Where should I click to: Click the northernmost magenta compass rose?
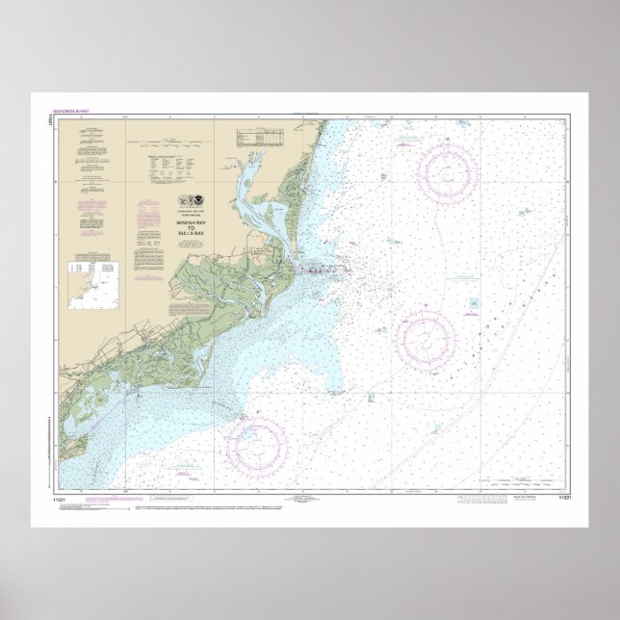click(447, 175)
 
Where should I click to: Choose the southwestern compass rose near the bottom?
click(257, 443)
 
